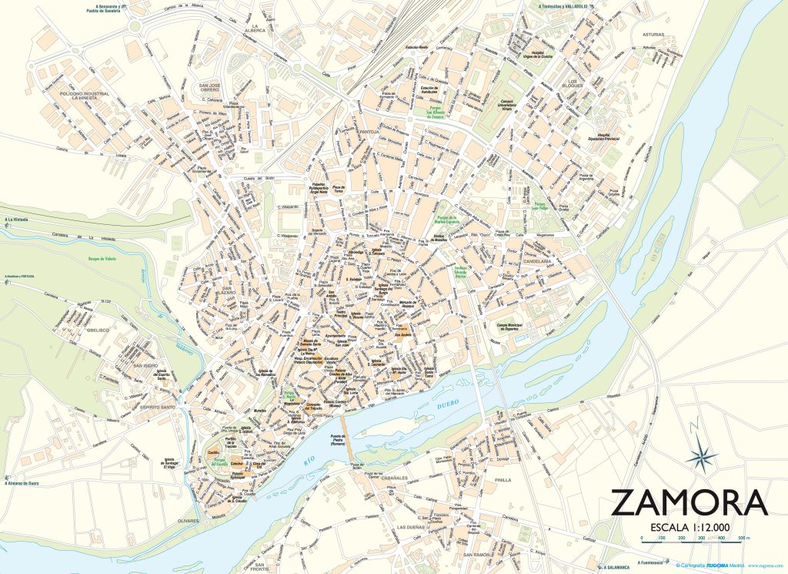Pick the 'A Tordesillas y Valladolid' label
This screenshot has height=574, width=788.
point(558,5)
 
